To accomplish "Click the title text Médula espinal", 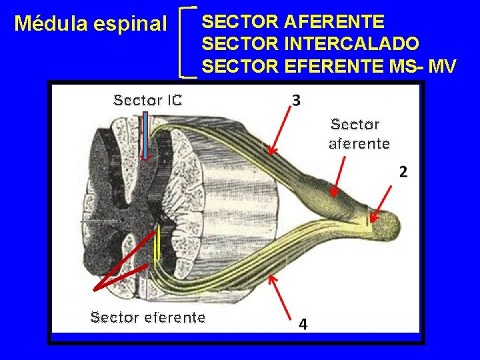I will tap(91, 25).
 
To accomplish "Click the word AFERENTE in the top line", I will tap(334, 22).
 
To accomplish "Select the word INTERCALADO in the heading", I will tap(351, 44).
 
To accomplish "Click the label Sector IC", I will tap(148, 101).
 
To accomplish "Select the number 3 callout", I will tap(296, 101).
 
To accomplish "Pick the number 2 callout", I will tap(403, 172).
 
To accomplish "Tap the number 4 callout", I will tap(303, 324).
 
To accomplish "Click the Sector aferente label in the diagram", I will tap(359, 134).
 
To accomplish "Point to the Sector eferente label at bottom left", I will tap(147, 317).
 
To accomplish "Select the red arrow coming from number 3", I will tap(280, 131).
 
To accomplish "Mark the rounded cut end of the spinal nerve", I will tap(386, 227).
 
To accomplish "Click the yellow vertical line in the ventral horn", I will tap(157, 247).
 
